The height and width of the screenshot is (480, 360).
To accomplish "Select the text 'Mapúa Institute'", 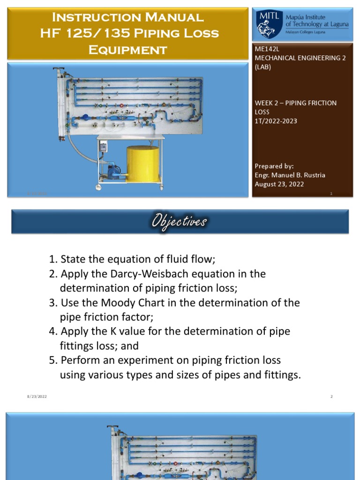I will pyautogui.click(x=305, y=17).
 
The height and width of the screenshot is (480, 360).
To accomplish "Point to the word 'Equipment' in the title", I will pyautogui.click(x=127, y=49).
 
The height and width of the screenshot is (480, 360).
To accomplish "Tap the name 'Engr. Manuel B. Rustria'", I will pyautogui.click(x=290, y=175).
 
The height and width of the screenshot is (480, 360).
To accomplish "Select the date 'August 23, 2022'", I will pyautogui.click(x=279, y=184).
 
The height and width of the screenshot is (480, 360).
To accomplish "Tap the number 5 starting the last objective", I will pyautogui.click(x=52, y=360).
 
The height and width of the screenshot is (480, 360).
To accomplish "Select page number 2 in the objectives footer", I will pyautogui.click(x=331, y=397).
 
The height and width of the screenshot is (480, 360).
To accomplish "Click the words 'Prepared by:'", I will pyautogui.click(x=274, y=166).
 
